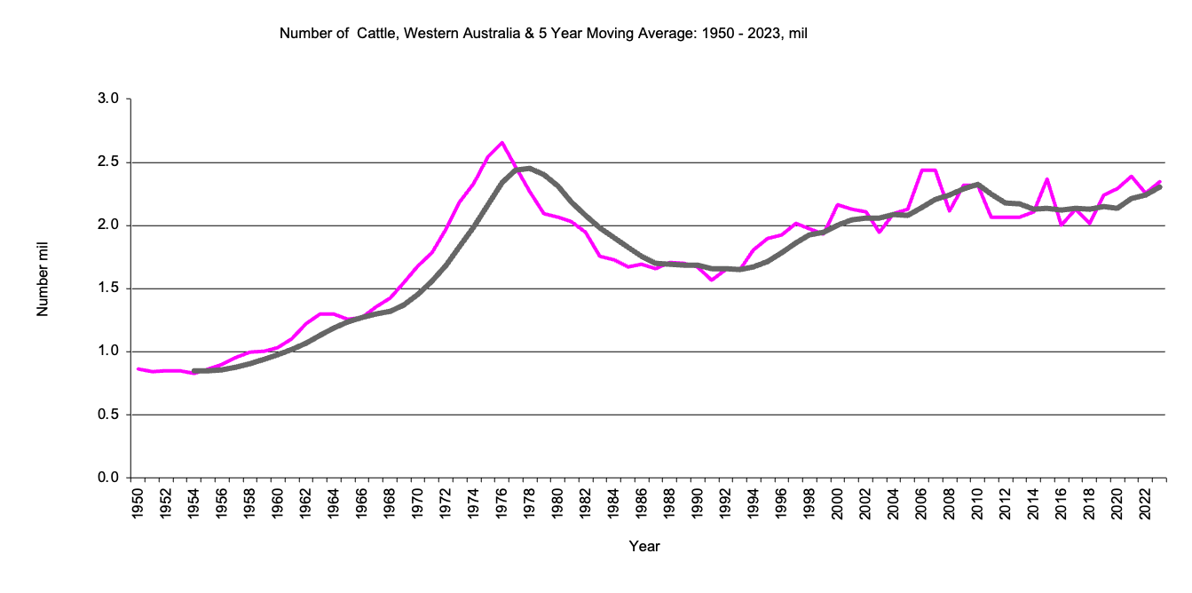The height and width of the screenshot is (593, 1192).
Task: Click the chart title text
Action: point(542,35)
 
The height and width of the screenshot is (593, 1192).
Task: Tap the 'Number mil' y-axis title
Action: point(42,288)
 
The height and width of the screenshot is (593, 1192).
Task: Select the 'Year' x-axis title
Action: point(644,546)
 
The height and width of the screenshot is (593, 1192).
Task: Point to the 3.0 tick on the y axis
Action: point(108,99)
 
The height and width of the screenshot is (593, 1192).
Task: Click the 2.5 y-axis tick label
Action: point(108,162)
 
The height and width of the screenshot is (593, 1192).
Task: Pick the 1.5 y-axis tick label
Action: point(108,289)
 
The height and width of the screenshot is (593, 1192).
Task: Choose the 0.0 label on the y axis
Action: point(108,478)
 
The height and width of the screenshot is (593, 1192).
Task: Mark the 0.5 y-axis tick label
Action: point(108,415)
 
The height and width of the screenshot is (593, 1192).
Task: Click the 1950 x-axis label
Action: point(138,504)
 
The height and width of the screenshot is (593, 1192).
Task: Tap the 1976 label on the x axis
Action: point(502,504)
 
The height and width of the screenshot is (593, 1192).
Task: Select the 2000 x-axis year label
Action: point(838,504)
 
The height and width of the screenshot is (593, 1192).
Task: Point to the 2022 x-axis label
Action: point(1145,504)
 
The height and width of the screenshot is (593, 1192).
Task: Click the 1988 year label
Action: point(670,504)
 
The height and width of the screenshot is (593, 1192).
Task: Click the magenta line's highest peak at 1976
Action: point(502,143)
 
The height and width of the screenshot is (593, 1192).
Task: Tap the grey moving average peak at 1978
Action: point(530,168)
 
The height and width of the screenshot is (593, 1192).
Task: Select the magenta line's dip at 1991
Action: point(712,280)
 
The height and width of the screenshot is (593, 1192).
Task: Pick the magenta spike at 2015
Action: point(1047,179)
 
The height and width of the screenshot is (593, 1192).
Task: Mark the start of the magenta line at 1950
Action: point(138,368)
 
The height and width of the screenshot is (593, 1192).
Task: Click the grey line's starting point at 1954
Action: point(194,371)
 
